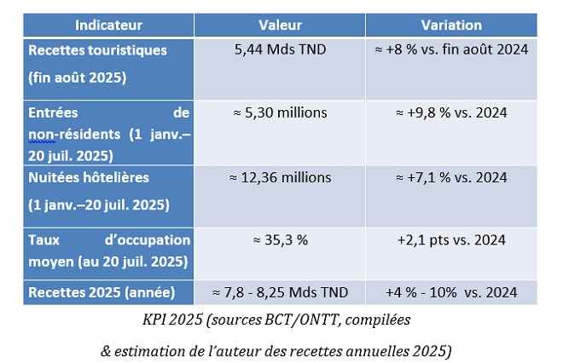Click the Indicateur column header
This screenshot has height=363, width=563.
coord(108,25)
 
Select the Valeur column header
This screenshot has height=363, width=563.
coord(280,25)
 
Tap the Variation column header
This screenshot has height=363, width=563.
coord(452,25)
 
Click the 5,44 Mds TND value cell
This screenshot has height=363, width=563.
coord(280,49)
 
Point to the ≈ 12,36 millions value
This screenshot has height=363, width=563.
coord(280,177)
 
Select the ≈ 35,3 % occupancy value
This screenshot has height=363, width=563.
coord(280,240)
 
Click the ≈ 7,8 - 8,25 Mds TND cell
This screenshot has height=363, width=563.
coord(280,293)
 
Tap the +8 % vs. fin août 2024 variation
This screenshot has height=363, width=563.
coord(452,49)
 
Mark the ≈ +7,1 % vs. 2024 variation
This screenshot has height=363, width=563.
coord(452,177)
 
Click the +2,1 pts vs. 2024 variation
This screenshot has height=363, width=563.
coord(452,240)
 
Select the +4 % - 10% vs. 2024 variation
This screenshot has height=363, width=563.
coord(452,293)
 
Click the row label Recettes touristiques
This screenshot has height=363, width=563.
coord(98,50)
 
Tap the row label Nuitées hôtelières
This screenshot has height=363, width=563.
coord(89,177)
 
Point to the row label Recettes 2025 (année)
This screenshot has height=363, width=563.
coord(102,293)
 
